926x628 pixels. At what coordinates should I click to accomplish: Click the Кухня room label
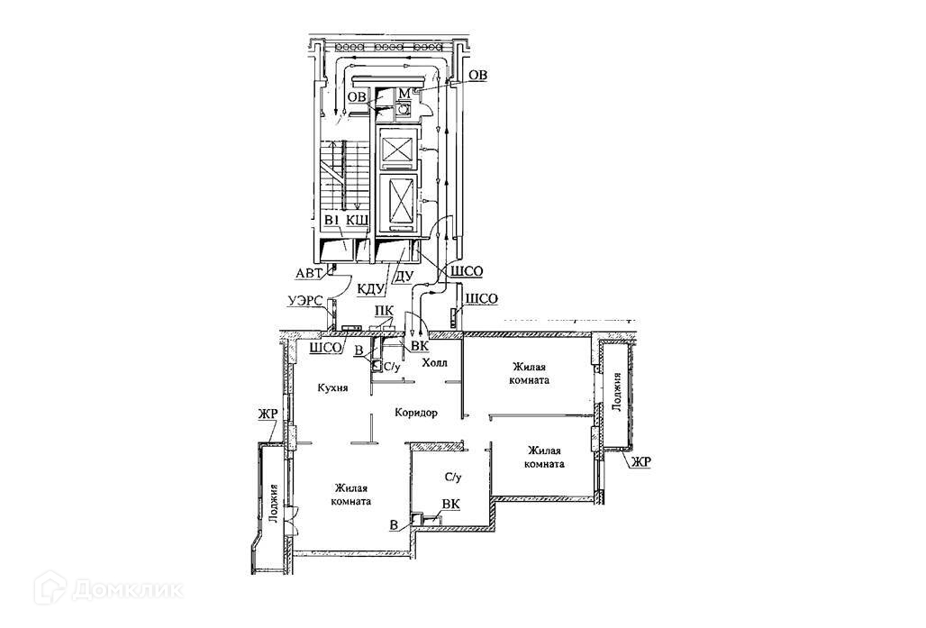click(x=332, y=387)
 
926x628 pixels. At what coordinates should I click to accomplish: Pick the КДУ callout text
click(x=370, y=289)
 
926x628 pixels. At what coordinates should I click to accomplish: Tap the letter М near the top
click(x=404, y=94)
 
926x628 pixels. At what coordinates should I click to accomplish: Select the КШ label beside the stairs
click(x=358, y=222)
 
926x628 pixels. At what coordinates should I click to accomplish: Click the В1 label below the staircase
click(x=331, y=222)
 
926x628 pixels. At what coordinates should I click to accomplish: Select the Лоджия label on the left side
click(x=273, y=505)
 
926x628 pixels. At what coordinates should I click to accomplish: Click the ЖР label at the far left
click(x=268, y=414)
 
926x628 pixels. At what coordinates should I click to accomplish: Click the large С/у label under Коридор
click(x=452, y=477)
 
